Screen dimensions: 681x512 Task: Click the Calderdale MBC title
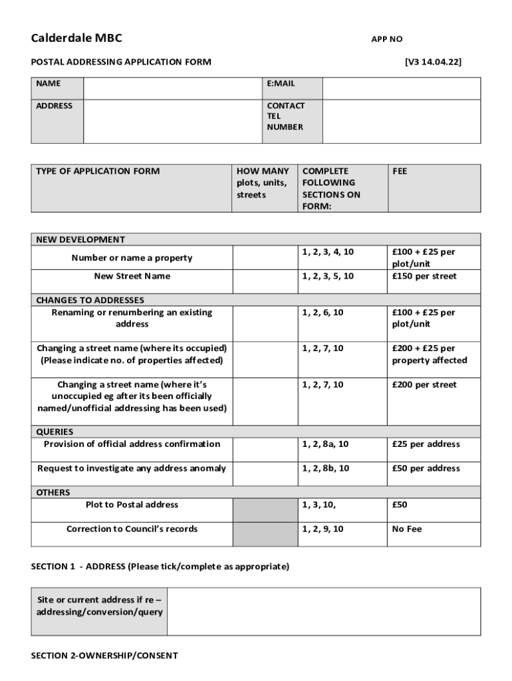(76, 38)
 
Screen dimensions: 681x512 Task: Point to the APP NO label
(386, 39)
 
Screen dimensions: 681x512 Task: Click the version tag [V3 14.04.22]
(433, 62)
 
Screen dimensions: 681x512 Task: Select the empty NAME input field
(172, 88)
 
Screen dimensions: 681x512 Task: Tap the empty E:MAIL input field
(401, 88)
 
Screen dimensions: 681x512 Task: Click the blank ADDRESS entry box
(172, 121)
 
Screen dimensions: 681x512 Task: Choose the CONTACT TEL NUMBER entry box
(401, 121)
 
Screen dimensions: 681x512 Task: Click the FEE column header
(400, 171)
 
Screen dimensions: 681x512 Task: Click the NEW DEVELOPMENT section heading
(80, 239)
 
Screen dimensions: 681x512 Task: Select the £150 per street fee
(424, 276)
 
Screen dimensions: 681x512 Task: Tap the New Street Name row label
(132, 276)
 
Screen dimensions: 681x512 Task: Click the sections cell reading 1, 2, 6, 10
(322, 312)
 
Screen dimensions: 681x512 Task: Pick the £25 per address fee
(426, 444)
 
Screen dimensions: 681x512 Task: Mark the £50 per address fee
(426, 468)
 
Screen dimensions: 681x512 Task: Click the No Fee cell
(407, 529)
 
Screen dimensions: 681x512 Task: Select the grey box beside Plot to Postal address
(265, 510)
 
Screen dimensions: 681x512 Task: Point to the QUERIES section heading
(55, 431)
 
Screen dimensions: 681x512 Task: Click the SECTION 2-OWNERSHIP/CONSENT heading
(104, 656)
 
